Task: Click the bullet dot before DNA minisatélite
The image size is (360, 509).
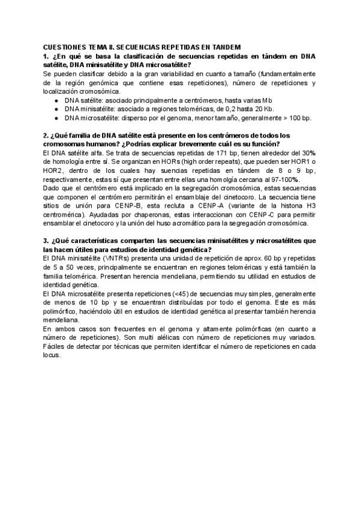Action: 56,109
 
